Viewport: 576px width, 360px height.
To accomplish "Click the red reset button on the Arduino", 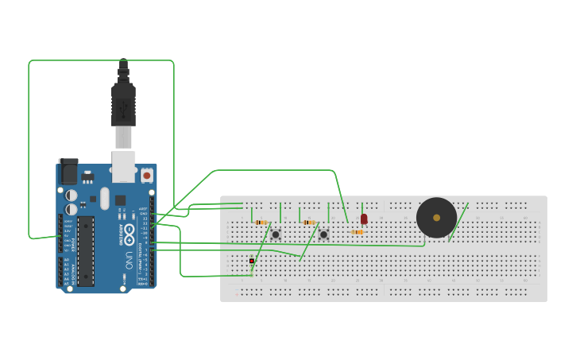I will [146, 174].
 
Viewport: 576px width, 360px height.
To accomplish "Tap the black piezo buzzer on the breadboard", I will [436, 217].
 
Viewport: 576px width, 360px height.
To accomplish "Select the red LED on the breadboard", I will [364, 219].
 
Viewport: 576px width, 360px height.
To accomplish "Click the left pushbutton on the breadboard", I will [276, 234].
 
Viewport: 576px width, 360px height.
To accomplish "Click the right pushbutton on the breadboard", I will [323, 234].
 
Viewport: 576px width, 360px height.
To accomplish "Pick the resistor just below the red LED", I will [358, 232].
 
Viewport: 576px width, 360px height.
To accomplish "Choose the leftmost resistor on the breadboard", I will [261, 223].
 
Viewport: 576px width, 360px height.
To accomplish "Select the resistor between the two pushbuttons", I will [309, 223].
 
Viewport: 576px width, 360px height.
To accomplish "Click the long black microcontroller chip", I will [86, 250].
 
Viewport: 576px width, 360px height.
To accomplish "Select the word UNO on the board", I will [129, 258].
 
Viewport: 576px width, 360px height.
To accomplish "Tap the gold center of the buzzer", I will [436, 217].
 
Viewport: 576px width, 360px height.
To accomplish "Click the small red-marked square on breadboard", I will [252, 261].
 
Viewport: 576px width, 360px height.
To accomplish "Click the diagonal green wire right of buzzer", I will [458, 222].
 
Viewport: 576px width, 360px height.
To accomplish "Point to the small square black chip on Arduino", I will [120, 200].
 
